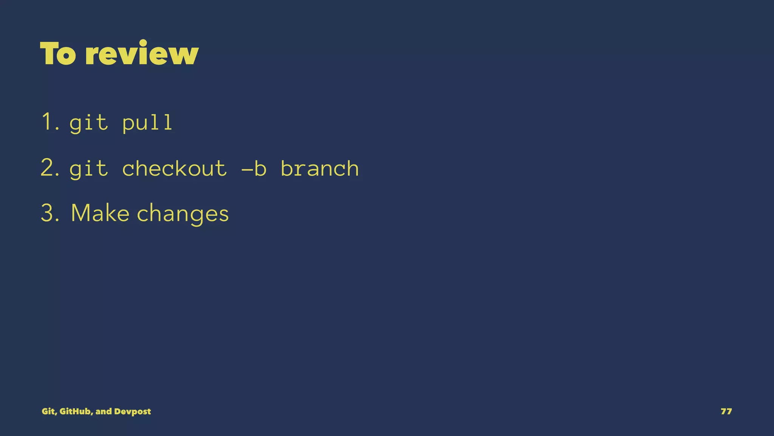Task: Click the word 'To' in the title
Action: point(57,53)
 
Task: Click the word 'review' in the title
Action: point(142,53)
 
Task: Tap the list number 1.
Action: point(48,122)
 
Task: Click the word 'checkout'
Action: point(175,168)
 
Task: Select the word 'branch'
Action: point(320,168)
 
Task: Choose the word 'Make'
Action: point(100,213)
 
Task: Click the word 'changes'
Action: point(183,214)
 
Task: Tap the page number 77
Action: point(726,411)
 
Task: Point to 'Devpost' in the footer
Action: point(132,411)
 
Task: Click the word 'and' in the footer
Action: point(104,411)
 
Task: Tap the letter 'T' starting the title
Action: point(48,53)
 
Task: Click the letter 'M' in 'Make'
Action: point(80,213)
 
